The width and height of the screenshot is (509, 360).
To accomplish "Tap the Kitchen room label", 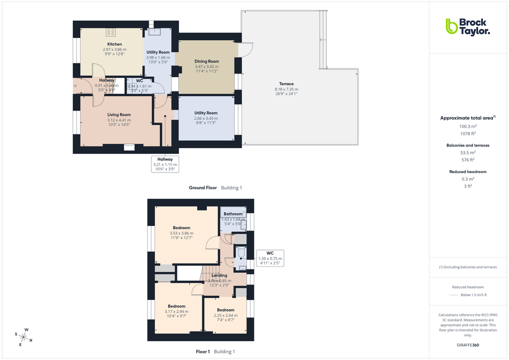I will (114, 44).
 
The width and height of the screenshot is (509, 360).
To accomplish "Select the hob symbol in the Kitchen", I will (110, 32).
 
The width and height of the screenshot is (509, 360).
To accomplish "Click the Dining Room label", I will (206, 61).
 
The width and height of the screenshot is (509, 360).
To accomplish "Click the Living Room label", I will (118, 115).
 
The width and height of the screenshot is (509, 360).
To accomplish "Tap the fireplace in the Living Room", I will (129, 146).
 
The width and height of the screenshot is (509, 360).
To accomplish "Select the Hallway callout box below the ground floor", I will (165, 164).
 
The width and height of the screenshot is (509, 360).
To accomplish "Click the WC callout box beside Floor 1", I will (269, 257).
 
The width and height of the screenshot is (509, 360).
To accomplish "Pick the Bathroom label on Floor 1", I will (233, 214).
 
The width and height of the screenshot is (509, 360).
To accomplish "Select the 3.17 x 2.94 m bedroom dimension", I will (176, 311).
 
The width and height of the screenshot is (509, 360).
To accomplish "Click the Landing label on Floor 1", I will (219, 275).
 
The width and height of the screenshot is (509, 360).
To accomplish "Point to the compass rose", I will (23, 336).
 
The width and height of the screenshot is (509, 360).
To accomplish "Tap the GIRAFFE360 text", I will (468, 344).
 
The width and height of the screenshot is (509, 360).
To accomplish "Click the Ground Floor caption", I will (202, 188).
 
